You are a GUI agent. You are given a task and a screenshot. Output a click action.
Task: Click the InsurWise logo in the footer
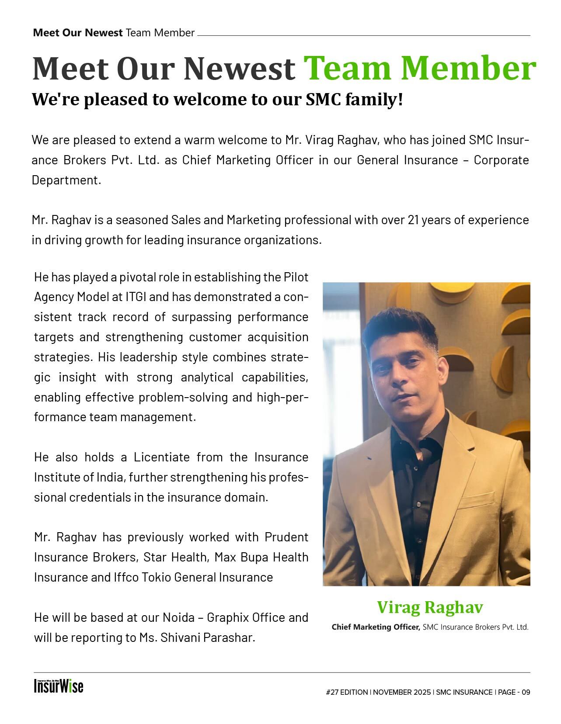[x=59, y=686]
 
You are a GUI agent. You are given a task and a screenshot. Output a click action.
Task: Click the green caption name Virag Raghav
[x=430, y=607]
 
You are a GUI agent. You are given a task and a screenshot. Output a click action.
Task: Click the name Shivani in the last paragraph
[x=181, y=638]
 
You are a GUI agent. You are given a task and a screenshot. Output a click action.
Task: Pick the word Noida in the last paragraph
[x=178, y=618]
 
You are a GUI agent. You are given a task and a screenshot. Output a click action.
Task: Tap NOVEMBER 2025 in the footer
[x=402, y=692]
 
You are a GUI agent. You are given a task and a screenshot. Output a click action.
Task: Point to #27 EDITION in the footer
[x=347, y=692]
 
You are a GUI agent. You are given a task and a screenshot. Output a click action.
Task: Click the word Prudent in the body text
[x=286, y=537]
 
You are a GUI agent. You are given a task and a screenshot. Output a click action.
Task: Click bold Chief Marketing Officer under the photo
[x=376, y=627]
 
